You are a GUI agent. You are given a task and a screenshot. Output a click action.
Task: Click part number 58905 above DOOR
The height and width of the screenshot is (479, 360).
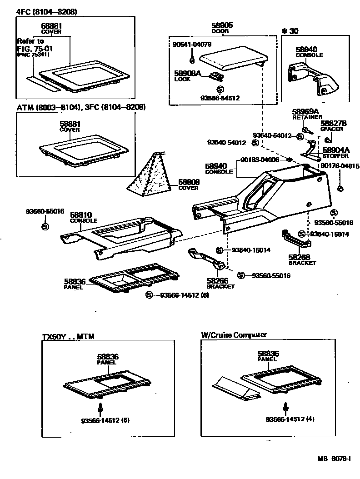tap(222, 26)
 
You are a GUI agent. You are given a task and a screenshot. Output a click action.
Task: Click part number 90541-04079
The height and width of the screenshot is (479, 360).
tap(192, 45)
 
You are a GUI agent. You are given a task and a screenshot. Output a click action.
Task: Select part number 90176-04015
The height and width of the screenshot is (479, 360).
tap(340, 166)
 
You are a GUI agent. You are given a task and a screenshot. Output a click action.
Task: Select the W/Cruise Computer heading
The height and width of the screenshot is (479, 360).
tap(234, 335)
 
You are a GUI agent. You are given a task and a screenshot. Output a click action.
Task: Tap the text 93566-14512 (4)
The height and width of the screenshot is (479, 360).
tap(290, 419)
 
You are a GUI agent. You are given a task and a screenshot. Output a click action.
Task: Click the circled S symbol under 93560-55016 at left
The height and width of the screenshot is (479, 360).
tap(45, 226)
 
